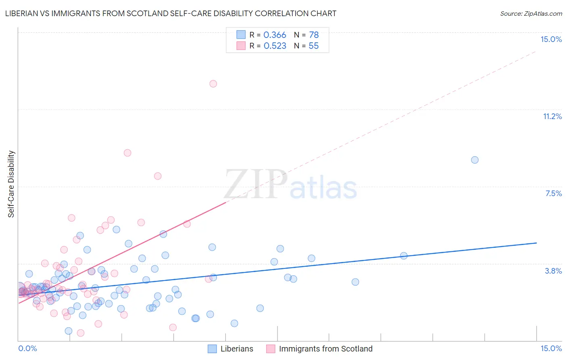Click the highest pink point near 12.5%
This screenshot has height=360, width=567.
pos(213,84)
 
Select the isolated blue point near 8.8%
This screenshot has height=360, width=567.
pos(475,160)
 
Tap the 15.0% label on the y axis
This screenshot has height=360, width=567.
pos(551,39)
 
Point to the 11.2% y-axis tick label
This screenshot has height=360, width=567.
pos(552,116)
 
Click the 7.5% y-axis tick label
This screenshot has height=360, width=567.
pos(553,193)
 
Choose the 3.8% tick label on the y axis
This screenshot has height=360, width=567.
pos(553,271)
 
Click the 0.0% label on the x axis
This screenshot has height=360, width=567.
pos(27,348)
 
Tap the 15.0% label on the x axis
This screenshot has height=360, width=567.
pos(551,348)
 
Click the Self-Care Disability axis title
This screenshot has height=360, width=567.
pos(11,184)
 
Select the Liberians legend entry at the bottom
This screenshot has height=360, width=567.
pos(237,349)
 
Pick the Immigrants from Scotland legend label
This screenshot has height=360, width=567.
pos(325,349)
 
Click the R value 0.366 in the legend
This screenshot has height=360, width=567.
pos(275,35)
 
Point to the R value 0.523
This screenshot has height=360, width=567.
pos(275,46)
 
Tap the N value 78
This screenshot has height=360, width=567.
pos(314,35)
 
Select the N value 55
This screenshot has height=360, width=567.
pos(314,46)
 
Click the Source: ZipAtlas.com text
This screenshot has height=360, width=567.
pos(531,14)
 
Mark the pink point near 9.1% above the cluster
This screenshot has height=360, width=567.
pos(127,153)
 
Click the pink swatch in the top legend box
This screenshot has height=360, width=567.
pos(241,46)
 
